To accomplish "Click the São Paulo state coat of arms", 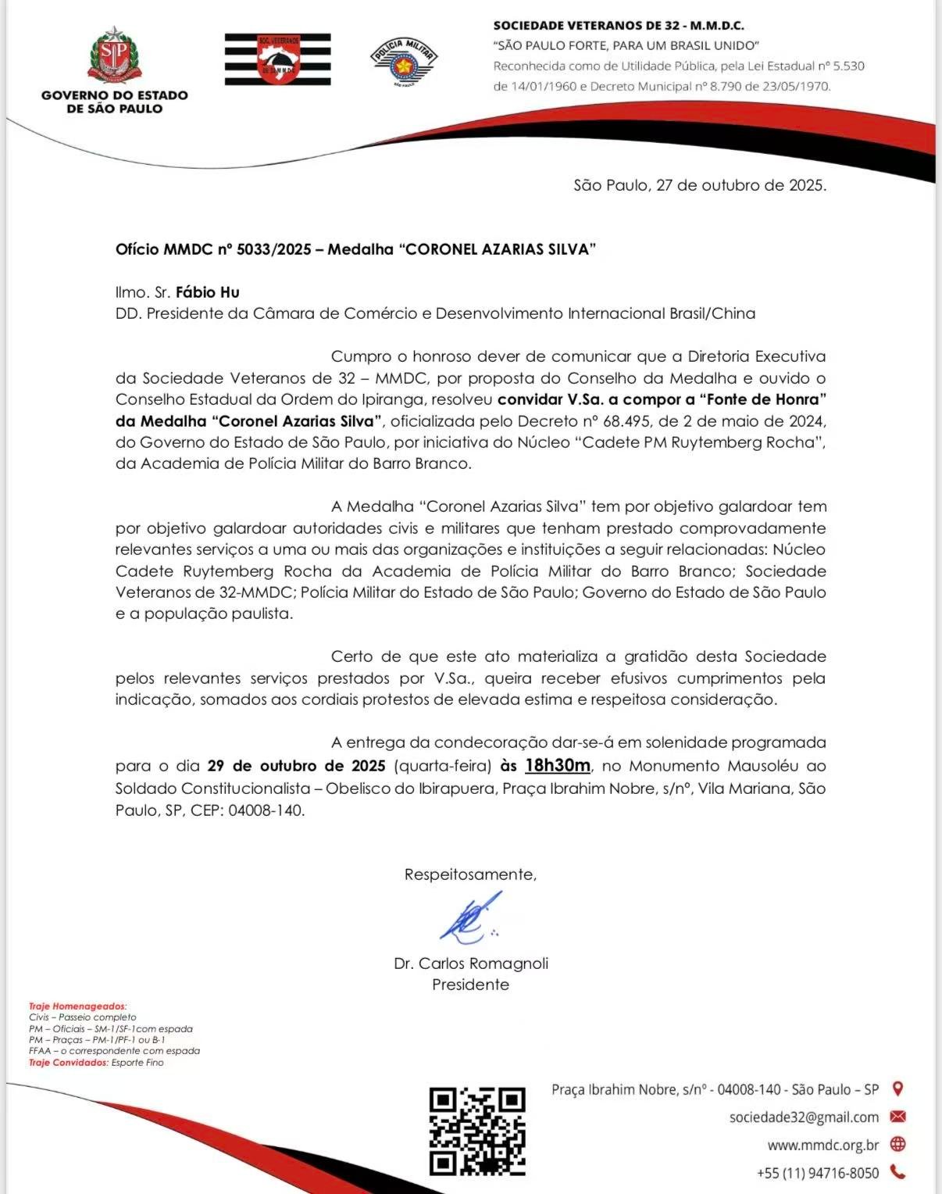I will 114,55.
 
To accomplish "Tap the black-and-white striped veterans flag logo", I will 277,59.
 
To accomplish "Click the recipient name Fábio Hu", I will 208,292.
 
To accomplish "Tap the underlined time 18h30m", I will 558,765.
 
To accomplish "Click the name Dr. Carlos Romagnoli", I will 471,963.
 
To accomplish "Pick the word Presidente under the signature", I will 470,985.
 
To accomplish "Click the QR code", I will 477,1131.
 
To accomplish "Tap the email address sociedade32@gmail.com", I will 804,1117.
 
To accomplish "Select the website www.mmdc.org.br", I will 823,1145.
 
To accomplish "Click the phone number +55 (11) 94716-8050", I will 818,1173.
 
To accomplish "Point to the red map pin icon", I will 897,1089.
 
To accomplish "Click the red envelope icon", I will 897,1117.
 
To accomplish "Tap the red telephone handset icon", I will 897,1172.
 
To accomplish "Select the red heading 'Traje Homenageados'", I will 77,1006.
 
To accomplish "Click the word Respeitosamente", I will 470,874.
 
